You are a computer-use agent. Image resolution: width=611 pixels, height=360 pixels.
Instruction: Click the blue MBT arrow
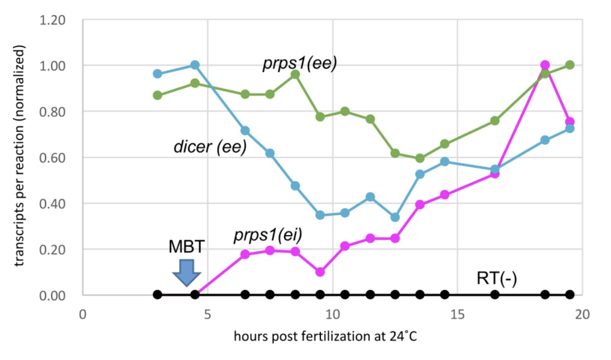186,272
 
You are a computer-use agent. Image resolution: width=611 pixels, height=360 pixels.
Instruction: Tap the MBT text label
186,246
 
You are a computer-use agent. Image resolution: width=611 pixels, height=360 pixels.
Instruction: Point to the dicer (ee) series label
210,148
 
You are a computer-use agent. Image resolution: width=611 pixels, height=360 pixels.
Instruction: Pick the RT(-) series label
496,280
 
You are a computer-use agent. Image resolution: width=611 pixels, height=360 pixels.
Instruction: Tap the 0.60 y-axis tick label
55,158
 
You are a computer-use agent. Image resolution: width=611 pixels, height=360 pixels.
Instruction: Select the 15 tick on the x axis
457,314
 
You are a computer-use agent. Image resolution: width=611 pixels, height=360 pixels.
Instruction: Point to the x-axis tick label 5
207,314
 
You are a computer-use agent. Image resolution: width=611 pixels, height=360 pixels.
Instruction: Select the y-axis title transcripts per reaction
19,158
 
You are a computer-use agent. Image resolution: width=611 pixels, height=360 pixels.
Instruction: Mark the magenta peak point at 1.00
545,65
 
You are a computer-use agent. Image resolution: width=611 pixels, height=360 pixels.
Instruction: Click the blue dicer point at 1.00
195,65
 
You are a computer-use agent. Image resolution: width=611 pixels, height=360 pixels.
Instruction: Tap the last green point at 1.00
570,65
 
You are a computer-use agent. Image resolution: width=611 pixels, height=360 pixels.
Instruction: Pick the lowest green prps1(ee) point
420,158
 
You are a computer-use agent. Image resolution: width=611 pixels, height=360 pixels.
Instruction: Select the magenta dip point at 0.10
320,272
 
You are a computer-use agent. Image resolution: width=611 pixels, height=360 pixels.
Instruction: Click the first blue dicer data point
158,74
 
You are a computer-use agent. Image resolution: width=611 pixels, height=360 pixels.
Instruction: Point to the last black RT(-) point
570,295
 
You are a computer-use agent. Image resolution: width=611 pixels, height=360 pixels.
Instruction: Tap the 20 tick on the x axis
582,314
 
